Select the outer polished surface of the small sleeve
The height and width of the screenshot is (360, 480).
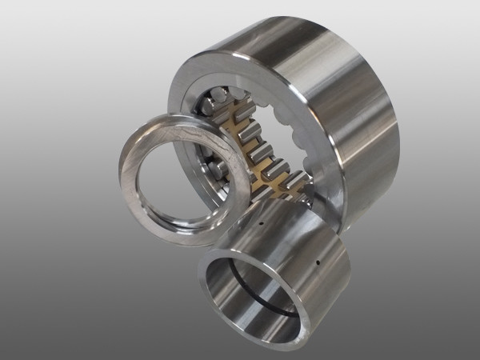[304, 240]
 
